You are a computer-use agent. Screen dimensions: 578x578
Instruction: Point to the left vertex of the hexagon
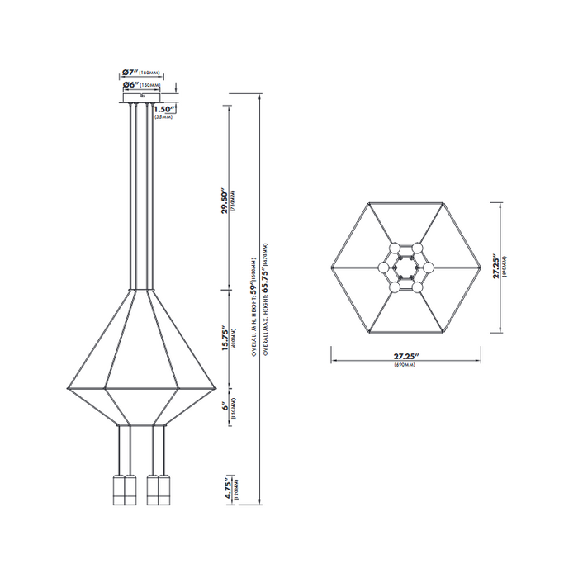pyautogui.click(x=330, y=268)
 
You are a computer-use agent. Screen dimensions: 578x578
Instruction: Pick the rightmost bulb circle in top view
pyautogui.click(x=429, y=268)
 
